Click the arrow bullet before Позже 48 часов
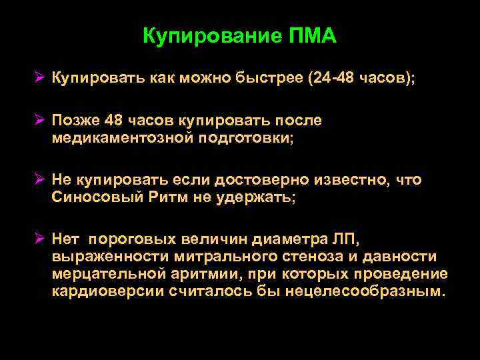point(41,120)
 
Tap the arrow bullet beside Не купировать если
point(41,180)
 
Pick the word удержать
point(255,198)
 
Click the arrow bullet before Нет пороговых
point(41,239)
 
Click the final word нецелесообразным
point(363,292)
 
